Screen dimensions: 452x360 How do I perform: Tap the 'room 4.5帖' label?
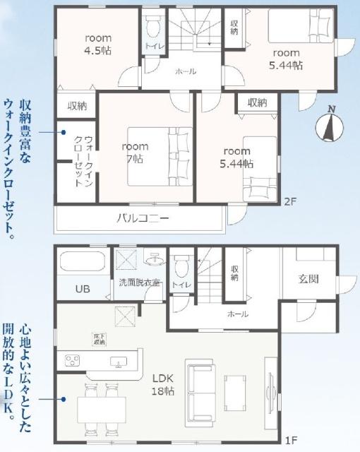[99, 44]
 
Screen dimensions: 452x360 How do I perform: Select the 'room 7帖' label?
[134, 153]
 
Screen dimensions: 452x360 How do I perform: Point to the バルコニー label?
[142, 218]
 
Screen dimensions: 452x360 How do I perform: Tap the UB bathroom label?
[83, 288]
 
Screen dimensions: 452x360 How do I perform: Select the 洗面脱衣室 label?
[140, 283]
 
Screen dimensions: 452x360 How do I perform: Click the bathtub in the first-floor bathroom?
[83, 263]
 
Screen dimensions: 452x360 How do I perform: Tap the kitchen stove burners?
[73, 362]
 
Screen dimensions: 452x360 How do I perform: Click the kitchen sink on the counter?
[119, 363]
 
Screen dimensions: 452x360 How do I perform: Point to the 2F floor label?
[289, 201]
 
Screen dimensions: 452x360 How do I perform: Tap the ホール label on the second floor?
[186, 71]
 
